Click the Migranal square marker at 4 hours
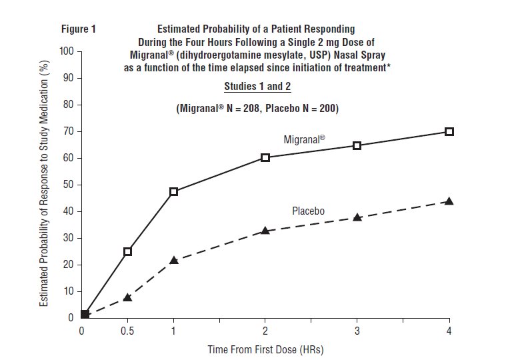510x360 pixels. (x=449, y=132)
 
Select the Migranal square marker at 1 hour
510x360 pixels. (x=174, y=192)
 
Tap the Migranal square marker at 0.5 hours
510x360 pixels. (x=127, y=251)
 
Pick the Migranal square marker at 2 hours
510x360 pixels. (x=265, y=157)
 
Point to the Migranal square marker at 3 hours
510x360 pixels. (x=357, y=145)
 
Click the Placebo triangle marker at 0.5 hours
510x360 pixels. (x=127, y=297)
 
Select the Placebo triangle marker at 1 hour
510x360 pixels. (x=174, y=260)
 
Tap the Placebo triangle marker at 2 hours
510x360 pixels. (x=265, y=231)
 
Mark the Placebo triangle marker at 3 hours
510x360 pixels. (x=357, y=217)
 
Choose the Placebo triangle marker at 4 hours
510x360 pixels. (x=449, y=201)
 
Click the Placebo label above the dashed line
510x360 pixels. (x=308, y=211)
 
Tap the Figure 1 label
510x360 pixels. (x=79, y=29)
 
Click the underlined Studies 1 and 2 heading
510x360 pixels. (x=257, y=87)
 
